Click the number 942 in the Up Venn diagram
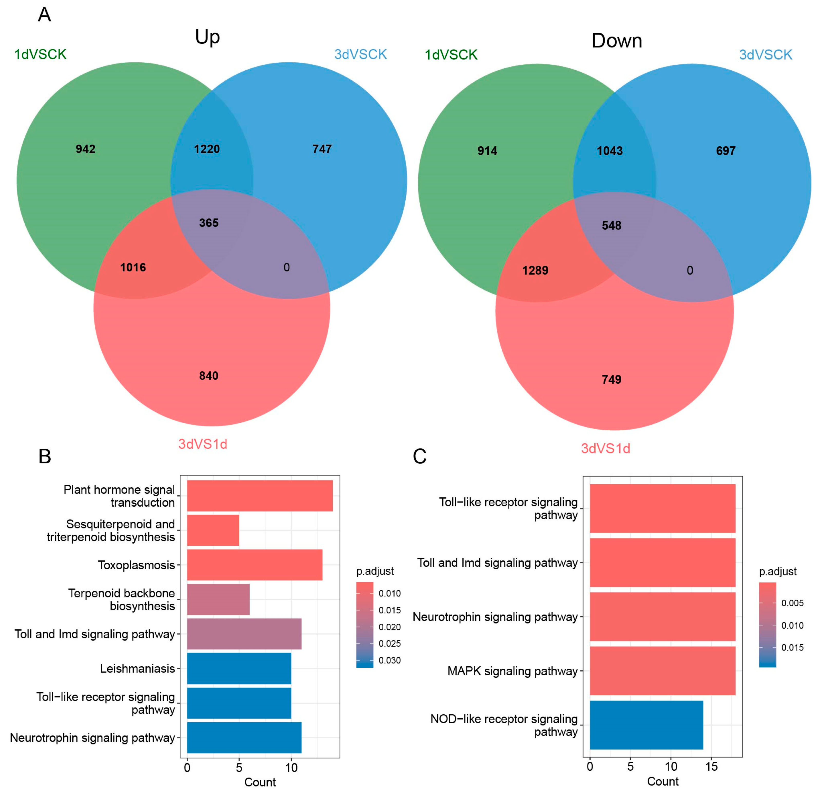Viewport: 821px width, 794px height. (85, 149)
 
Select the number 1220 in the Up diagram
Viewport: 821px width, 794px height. (207, 149)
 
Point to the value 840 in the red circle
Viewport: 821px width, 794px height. (209, 376)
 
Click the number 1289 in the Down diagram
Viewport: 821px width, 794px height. (535, 271)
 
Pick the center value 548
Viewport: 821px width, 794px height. (612, 225)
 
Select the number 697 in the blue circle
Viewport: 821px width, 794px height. (725, 151)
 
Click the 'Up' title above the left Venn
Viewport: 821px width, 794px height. (207, 37)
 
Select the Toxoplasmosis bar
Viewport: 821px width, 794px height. (254, 565)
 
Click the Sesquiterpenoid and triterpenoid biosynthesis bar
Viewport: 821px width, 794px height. (213, 531)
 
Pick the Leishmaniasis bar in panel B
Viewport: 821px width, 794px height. (239, 668)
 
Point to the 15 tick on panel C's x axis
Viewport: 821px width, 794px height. (711, 767)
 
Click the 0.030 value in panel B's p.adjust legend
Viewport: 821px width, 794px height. (389, 660)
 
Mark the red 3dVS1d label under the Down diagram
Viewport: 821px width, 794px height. (605, 449)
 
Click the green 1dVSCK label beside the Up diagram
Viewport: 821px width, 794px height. (40, 54)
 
